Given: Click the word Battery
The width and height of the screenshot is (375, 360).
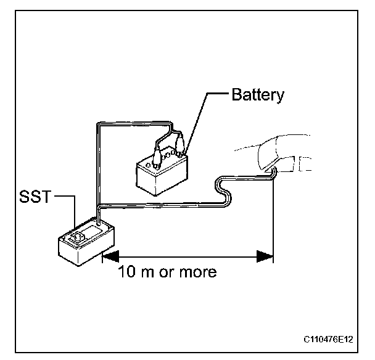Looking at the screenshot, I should [x=258, y=96].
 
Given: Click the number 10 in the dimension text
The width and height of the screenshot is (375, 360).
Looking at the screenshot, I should [x=127, y=272].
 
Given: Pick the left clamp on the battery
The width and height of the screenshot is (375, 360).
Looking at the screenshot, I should [x=155, y=152].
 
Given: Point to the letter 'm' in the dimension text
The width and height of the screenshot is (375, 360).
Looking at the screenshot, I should [x=152, y=272].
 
